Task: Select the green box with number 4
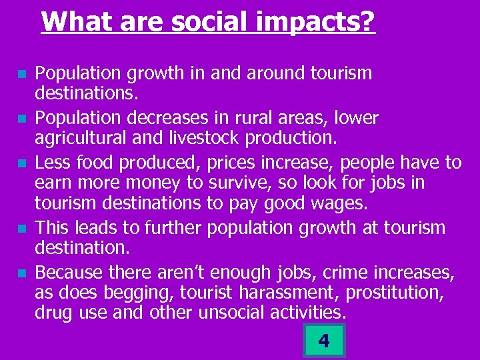[x=323, y=341]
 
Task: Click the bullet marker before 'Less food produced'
[x=23, y=163]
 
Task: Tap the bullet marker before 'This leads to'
[x=23, y=229]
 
